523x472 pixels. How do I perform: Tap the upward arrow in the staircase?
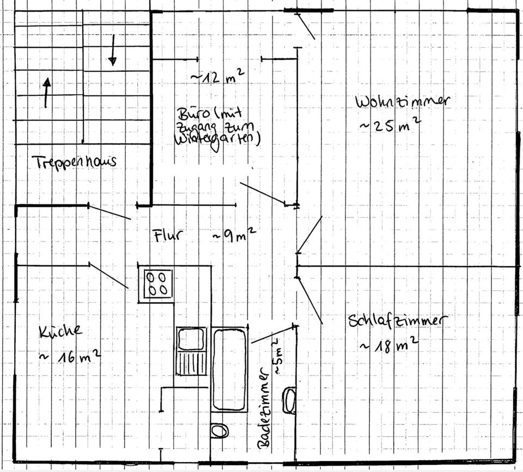(x=47, y=92)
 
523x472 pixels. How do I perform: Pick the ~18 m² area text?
(x=388, y=345)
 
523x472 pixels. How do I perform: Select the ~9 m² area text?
(x=233, y=235)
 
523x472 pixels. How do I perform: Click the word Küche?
(x=60, y=331)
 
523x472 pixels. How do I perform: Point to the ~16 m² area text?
(x=69, y=357)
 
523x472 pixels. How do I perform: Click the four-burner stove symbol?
(x=157, y=283)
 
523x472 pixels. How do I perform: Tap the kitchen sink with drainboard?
(x=191, y=351)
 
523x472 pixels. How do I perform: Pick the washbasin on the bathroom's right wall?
(x=290, y=401)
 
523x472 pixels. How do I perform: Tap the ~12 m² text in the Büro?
(x=213, y=78)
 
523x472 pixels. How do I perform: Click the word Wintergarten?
(x=217, y=139)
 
